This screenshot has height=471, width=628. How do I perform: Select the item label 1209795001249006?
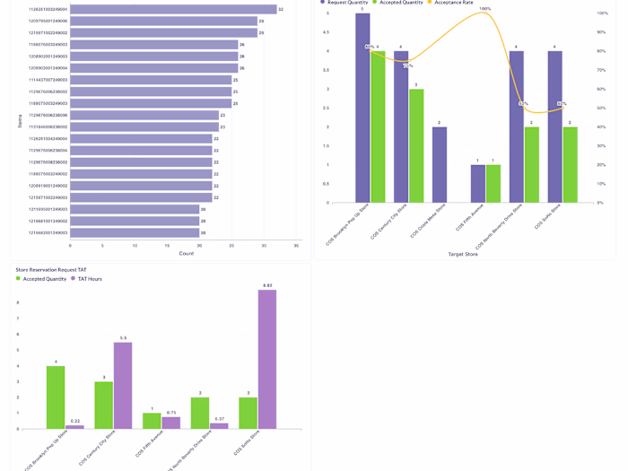[48, 21]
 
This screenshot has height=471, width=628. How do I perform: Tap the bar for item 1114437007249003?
[151, 80]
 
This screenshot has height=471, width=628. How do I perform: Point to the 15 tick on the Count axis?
[167, 245]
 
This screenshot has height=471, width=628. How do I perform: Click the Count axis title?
[186, 253]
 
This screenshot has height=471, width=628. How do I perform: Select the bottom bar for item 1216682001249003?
[135, 232]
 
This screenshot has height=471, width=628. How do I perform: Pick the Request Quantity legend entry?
[344, 3]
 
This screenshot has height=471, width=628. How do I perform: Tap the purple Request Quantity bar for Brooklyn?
[362, 108]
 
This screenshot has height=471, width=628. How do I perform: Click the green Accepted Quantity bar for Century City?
[416, 145]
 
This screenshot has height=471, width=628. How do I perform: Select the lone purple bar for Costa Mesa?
[439, 164]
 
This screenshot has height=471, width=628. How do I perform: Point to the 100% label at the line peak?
[485, 9]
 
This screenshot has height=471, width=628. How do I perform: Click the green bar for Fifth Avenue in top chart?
[493, 183]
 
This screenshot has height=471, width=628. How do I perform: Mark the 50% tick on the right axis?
[600, 109]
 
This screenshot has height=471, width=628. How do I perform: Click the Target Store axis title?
[463, 254]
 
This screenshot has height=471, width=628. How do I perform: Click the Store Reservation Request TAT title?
[51, 269]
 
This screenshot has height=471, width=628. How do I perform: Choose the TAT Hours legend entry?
[88, 279]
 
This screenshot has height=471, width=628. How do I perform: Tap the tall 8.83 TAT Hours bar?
[267, 359]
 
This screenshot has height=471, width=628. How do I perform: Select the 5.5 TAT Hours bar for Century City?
[123, 385]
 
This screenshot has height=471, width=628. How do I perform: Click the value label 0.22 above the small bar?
[74, 421]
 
